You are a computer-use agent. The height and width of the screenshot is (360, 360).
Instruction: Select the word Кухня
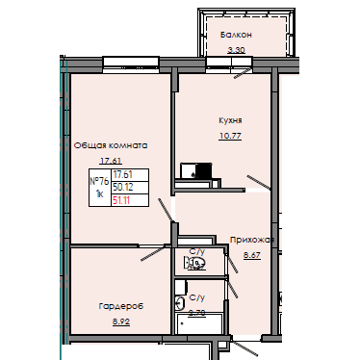[x=230, y=120]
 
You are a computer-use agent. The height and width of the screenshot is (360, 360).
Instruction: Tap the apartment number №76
[x=98, y=180]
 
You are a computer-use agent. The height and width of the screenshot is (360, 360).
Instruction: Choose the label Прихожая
[x=253, y=241]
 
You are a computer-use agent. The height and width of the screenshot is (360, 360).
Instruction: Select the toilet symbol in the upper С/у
[x=191, y=262]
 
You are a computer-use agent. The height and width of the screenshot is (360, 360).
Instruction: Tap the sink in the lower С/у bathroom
[x=180, y=302]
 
